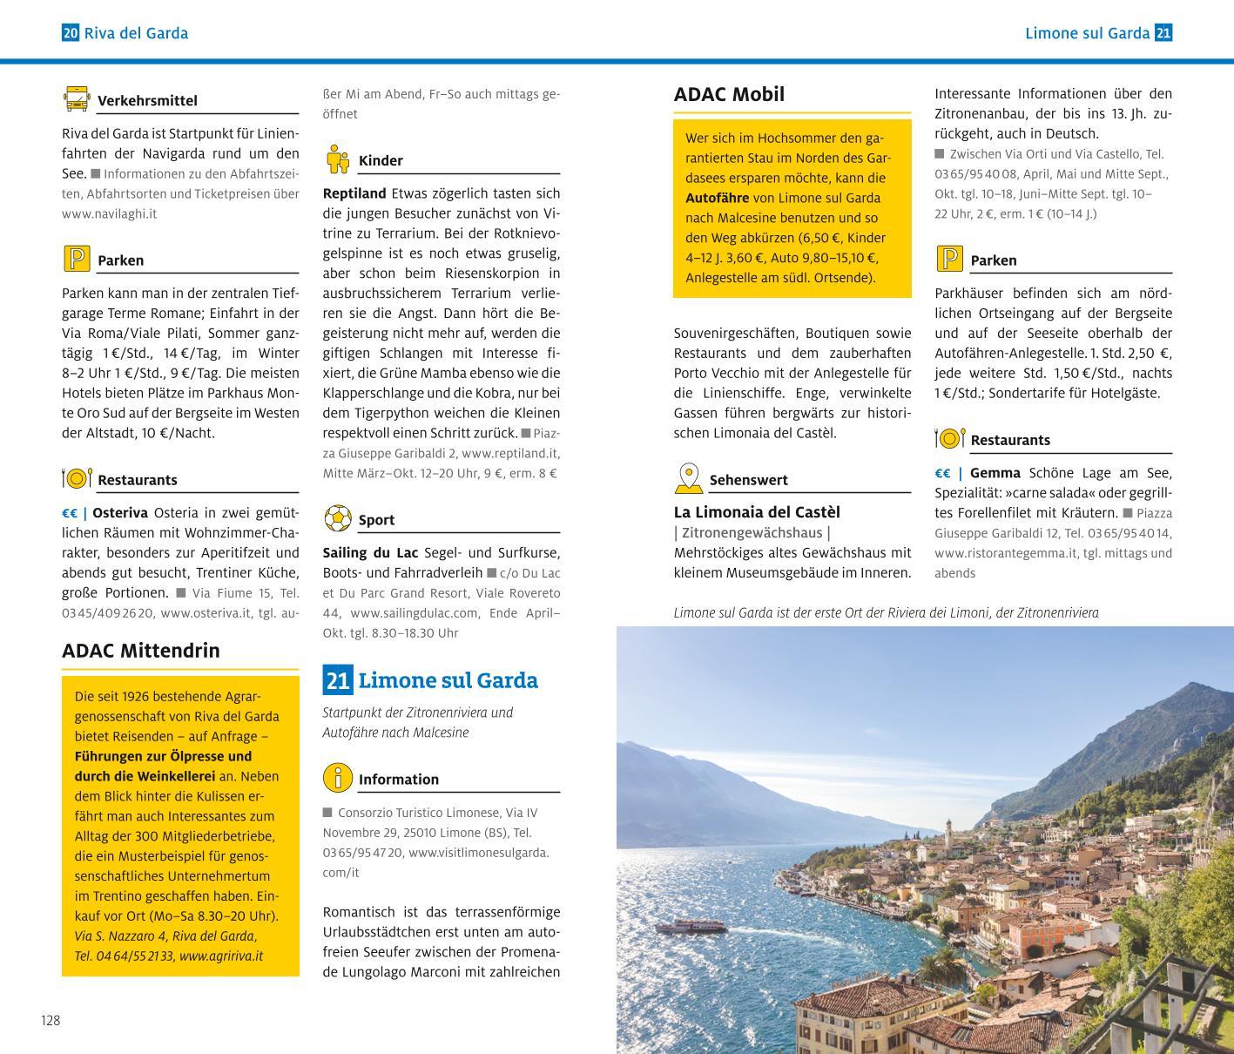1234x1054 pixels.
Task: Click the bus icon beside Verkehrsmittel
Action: pos(77,98)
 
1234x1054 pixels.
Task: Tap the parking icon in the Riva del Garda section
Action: pos(77,259)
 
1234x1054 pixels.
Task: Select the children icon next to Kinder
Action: pos(337,159)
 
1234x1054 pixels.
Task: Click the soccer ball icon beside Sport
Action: pos(337,518)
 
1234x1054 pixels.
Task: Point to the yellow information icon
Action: pos(337,777)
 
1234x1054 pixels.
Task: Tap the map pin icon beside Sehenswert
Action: pos(688,478)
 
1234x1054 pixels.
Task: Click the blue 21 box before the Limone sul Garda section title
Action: pos(337,679)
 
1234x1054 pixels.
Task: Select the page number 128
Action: pos(51,1020)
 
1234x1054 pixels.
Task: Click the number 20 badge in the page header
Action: pos(71,33)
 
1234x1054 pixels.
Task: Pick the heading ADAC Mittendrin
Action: pos(141,651)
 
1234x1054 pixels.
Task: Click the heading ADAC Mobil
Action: pos(729,94)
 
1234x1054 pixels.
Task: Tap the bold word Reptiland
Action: pos(354,193)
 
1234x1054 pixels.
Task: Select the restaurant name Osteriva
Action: pos(120,513)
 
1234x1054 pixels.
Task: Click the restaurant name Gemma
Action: pos(995,473)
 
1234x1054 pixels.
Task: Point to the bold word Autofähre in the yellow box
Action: pos(717,198)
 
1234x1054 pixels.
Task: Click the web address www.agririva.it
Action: pos(220,956)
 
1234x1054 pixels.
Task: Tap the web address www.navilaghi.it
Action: pos(109,213)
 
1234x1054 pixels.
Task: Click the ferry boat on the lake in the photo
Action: pos(691,927)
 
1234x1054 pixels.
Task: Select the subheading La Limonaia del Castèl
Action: pos(757,512)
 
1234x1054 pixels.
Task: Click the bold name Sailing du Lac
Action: pos(370,553)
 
